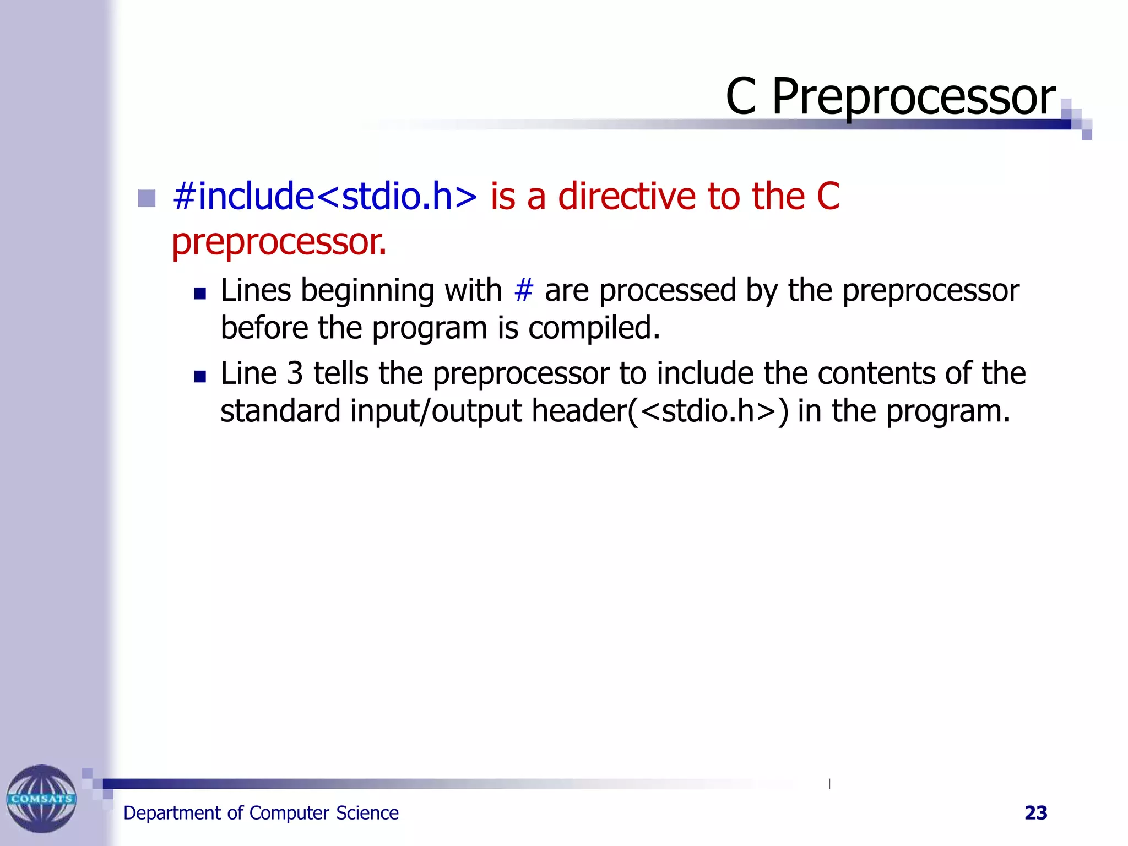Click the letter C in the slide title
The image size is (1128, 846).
tap(741, 97)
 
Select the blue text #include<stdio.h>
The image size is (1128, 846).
tap(324, 197)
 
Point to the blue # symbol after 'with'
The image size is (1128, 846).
tap(523, 290)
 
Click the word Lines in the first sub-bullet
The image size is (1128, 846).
tap(255, 290)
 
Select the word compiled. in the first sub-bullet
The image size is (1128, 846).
tap(594, 328)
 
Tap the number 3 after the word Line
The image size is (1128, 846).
tap(295, 373)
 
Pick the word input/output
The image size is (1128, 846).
tap(436, 411)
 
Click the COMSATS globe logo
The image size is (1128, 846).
tap(41, 798)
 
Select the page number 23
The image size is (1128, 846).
tap(1035, 813)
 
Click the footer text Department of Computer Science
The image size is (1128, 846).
tap(261, 813)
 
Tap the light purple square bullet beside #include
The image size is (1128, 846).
tap(147, 198)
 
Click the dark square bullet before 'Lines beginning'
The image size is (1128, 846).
tap(200, 294)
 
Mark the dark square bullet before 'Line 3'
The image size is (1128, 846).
tap(200, 377)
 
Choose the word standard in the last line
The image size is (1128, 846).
tap(280, 411)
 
